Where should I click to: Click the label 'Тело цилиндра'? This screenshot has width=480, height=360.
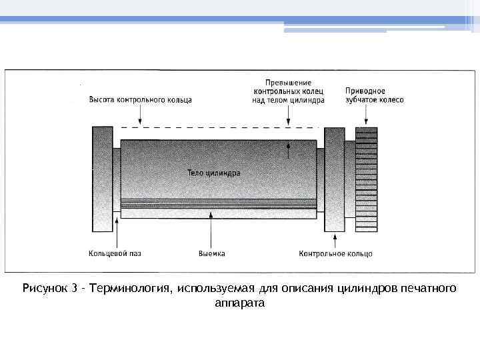(213, 173)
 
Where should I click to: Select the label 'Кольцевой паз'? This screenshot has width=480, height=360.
(115, 253)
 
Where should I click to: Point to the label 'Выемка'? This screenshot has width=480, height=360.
(211, 253)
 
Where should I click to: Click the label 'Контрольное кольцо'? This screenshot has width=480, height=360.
(335, 253)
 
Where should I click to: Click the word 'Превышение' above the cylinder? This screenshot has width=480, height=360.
(288, 83)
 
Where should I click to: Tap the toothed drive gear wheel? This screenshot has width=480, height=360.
(366, 180)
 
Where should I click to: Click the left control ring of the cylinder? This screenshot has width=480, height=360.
(103, 179)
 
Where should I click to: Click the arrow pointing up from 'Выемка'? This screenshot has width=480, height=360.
(211, 230)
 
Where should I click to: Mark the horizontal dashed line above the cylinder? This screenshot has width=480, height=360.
(220, 127)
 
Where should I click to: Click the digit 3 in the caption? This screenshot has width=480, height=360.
(75, 289)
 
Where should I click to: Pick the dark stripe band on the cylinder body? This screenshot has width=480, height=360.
(218, 203)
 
